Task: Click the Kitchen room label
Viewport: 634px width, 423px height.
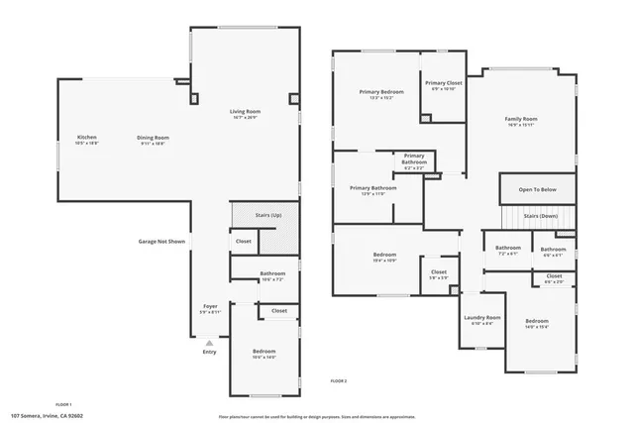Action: pyautogui.click(x=87, y=137)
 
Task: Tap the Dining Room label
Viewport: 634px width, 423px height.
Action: pyautogui.click(x=153, y=137)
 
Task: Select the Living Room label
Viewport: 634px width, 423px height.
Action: pyautogui.click(x=245, y=112)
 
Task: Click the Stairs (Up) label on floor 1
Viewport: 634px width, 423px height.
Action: pyautogui.click(x=268, y=215)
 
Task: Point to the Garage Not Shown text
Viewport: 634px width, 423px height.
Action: pyautogui.click(x=161, y=241)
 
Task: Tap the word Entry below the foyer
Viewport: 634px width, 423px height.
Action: pyautogui.click(x=209, y=351)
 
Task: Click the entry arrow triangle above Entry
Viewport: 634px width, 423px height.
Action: pyautogui.click(x=209, y=342)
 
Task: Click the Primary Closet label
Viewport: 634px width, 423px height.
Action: pyautogui.click(x=443, y=83)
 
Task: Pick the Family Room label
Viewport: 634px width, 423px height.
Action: pyautogui.click(x=521, y=119)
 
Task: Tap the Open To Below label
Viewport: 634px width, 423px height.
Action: pyautogui.click(x=538, y=189)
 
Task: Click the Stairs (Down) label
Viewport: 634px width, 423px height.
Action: pyautogui.click(x=541, y=215)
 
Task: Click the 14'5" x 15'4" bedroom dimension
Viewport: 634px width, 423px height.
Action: pyautogui.click(x=537, y=327)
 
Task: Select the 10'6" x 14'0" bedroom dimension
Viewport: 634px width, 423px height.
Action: pyautogui.click(x=264, y=358)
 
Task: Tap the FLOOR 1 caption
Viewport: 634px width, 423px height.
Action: pyautogui.click(x=63, y=404)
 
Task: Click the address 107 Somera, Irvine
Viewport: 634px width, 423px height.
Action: pyautogui.click(x=47, y=415)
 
